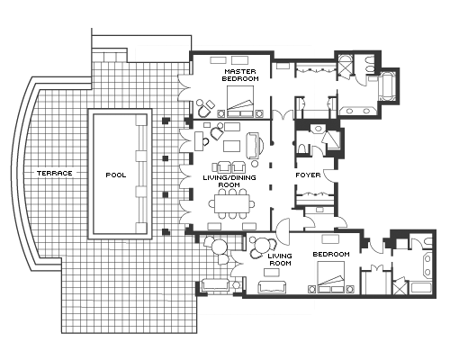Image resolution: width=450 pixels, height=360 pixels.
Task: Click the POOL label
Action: (x=116, y=175)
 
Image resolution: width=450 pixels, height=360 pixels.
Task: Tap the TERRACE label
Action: (x=55, y=173)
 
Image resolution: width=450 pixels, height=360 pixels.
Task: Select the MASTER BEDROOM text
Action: (x=240, y=75)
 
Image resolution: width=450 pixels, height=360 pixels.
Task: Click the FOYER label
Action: (x=308, y=175)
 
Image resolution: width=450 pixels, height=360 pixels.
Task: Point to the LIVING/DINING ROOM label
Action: (x=229, y=181)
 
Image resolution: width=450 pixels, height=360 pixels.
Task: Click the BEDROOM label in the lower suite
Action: (x=331, y=254)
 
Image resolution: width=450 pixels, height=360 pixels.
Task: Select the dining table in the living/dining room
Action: (x=232, y=203)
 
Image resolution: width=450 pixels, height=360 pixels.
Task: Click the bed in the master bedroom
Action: (x=240, y=102)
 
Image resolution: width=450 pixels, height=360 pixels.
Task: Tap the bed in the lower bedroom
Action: (x=331, y=277)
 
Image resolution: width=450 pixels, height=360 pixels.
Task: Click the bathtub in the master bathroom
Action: (x=387, y=86)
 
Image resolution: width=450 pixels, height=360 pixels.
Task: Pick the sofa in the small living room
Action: (x=272, y=287)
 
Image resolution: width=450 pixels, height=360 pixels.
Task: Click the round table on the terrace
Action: (x=219, y=247)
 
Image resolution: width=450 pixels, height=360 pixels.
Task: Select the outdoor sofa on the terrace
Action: (x=215, y=285)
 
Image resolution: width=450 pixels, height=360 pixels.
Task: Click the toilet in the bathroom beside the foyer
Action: (x=301, y=148)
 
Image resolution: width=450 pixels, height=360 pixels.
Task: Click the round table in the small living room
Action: (x=263, y=245)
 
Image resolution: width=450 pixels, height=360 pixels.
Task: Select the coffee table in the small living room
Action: (x=272, y=273)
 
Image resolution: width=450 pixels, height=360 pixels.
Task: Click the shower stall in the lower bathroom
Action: (x=400, y=287)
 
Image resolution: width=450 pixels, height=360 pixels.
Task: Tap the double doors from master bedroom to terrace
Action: (x=184, y=87)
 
